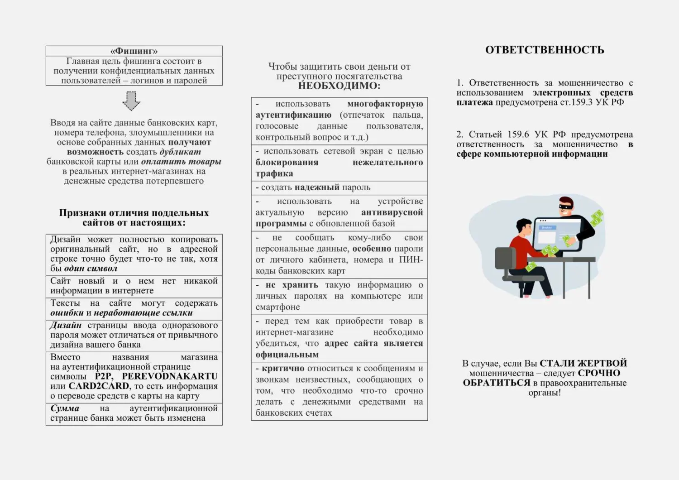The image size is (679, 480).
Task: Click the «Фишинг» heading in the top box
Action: tap(134, 51)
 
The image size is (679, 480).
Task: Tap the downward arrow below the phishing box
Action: tap(131, 101)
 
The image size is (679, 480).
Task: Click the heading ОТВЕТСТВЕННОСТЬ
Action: tap(545, 50)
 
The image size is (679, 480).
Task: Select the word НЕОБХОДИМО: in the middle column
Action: tap(339, 86)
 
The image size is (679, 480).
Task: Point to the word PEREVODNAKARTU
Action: tap(170, 376)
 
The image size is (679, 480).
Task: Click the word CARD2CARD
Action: tap(99, 386)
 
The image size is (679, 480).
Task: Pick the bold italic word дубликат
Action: tap(180, 152)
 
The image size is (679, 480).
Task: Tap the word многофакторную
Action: tap(385, 104)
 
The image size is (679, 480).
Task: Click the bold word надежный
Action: tap(317, 187)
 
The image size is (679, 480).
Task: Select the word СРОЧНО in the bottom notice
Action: tap(599, 373)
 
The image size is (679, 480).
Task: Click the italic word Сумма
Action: tap(65, 408)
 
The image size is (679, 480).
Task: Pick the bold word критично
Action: tap(283, 369)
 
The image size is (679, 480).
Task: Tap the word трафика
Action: tap(274, 173)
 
